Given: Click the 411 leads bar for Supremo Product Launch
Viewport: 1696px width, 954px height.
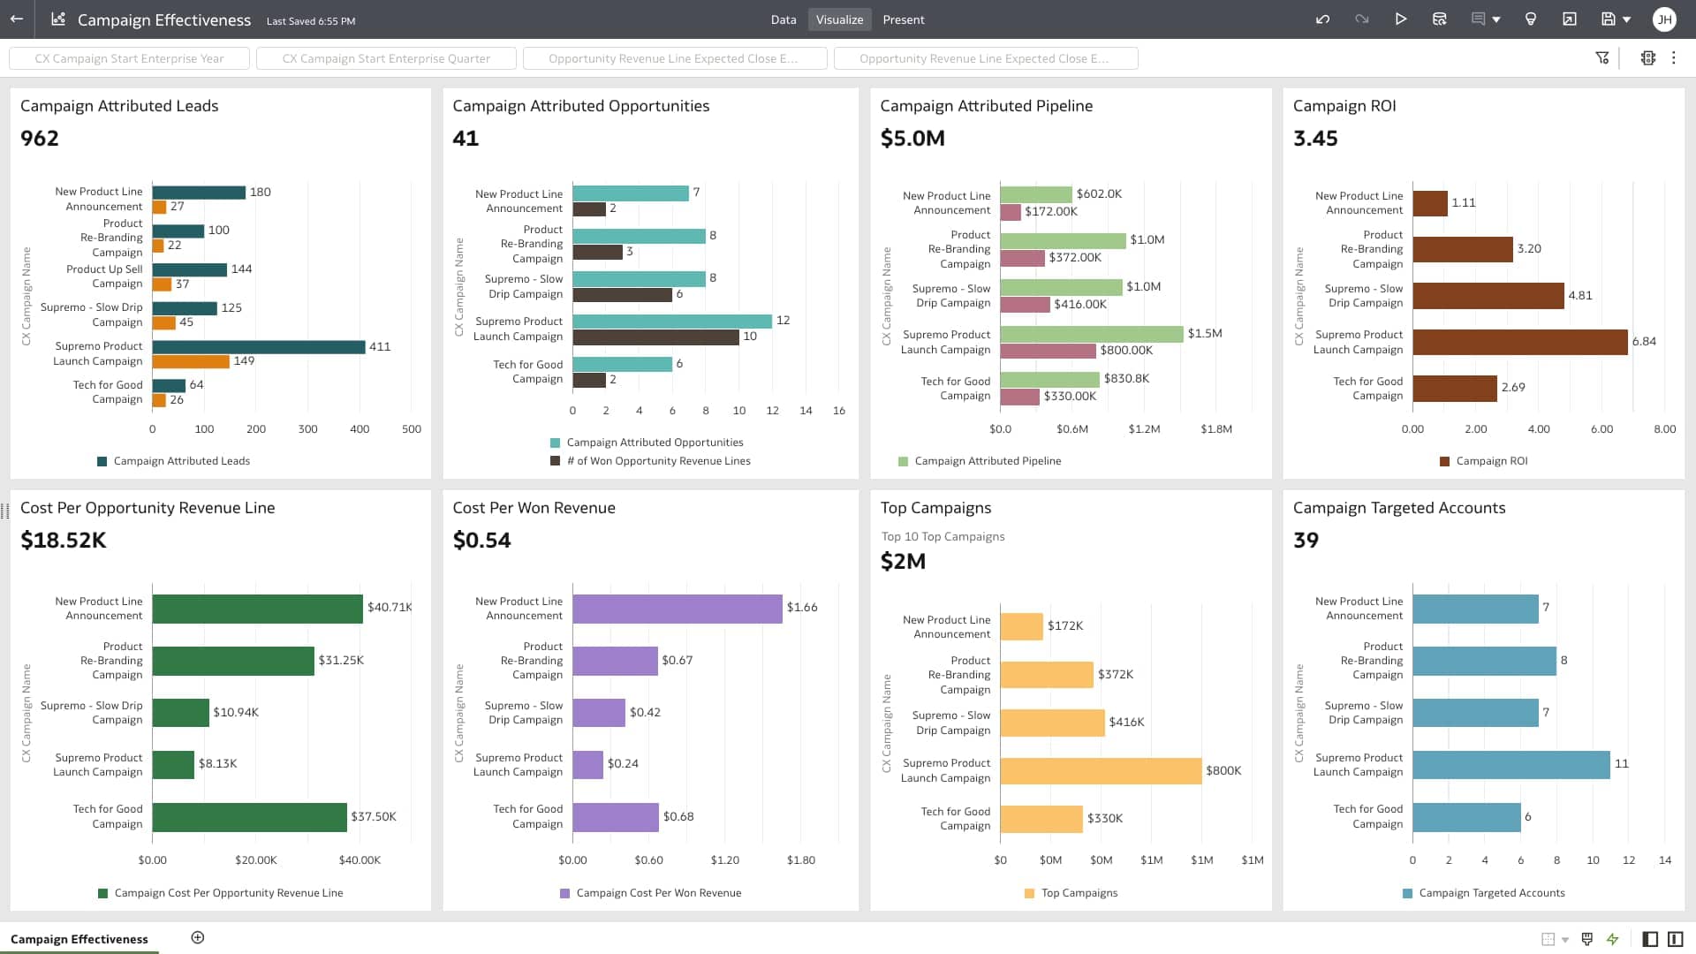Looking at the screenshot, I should [x=258, y=347].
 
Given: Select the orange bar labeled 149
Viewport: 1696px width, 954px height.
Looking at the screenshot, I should [x=191, y=361].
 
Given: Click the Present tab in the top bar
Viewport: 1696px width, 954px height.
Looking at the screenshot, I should [x=903, y=19].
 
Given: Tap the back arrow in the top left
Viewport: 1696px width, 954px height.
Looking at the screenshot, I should [x=17, y=19].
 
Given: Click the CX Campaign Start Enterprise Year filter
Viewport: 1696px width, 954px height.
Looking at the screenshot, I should [x=129, y=58].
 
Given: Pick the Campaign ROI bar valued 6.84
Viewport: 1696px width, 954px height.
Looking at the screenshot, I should [x=1519, y=342].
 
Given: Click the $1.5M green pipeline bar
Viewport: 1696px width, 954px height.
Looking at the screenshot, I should [x=1091, y=334].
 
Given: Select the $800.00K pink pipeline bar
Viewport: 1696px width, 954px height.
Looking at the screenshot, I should [x=1048, y=351].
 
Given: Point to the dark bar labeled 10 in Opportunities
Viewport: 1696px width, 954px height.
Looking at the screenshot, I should [x=655, y=337].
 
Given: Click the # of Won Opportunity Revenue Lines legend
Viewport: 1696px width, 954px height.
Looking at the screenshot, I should [x=657, y=461].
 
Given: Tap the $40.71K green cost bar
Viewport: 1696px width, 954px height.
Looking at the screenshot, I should [x=257, y=609].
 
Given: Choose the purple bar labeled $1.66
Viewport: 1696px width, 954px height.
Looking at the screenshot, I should [x=677, y=609].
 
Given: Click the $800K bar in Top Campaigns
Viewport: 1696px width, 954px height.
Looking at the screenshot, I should [x=1100, y=771].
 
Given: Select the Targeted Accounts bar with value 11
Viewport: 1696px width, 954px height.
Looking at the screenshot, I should [x=1510, y=765].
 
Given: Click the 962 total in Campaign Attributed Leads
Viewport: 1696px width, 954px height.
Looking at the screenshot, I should [x=40, y=139].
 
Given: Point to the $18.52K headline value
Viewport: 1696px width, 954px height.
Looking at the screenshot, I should [x=63, y=541].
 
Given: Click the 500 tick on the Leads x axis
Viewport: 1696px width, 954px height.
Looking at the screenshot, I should [x=412, y=429].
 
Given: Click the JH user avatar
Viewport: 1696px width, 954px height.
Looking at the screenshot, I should [x=1663, y=19].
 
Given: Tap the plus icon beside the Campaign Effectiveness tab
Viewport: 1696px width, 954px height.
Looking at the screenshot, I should [x=198, y=938].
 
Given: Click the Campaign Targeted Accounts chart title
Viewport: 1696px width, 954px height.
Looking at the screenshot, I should [x=1398, y=508].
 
